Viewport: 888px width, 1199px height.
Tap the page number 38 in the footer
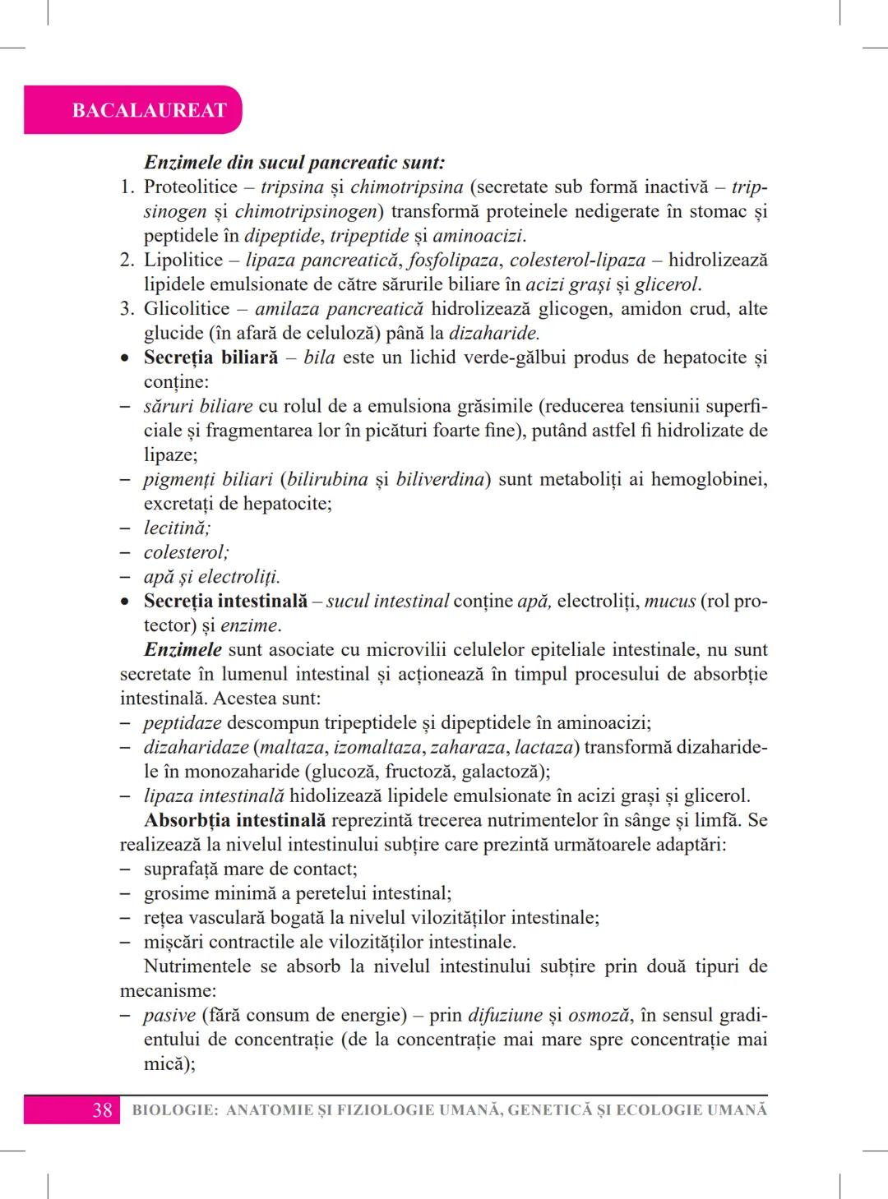102,1110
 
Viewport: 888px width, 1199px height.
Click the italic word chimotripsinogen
305,211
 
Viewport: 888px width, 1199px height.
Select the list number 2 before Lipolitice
127,261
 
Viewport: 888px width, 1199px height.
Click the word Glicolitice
187,309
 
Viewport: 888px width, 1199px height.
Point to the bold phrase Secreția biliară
210,357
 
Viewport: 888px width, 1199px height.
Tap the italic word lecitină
177,528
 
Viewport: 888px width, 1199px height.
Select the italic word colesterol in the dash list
186,552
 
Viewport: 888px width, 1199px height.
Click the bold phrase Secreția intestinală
225,601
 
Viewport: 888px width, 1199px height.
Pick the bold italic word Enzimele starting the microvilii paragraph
183,649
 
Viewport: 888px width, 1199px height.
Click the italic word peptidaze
183,723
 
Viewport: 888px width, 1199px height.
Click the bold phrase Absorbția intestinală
234,820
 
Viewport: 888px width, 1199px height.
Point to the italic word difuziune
505,1015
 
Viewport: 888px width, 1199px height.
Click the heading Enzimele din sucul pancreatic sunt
294,163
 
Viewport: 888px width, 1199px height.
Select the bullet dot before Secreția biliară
124,359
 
